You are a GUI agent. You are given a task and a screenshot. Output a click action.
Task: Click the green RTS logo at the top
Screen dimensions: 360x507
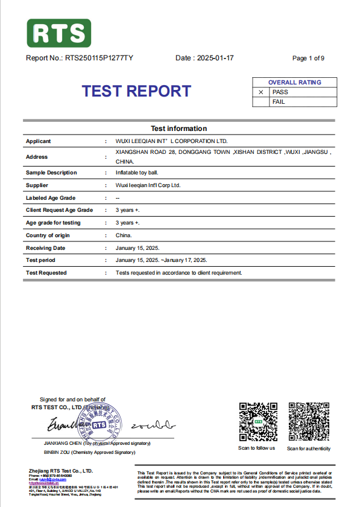coord(59,33)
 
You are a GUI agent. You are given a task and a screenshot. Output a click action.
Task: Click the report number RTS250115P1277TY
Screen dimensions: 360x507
coord(99,59)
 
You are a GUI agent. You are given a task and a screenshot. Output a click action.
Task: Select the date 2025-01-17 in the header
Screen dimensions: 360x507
coord(215,59)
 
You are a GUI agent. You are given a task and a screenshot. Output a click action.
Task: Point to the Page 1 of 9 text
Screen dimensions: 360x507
coord(308,59)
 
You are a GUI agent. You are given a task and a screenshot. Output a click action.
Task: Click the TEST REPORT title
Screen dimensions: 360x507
coord(136,91)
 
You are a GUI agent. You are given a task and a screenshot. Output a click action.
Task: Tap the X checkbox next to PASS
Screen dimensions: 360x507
coord(261,92)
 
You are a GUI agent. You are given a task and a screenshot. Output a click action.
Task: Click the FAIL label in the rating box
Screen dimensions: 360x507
coord(279,102)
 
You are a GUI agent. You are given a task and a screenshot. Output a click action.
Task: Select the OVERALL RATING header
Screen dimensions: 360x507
coord(295,83)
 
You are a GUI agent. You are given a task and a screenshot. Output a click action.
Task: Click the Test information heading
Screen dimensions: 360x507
coord(178,129)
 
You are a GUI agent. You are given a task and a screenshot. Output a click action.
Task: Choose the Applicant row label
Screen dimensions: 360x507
coord(38,141)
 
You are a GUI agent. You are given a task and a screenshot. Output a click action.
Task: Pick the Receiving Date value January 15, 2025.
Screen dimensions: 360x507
coord(137,248)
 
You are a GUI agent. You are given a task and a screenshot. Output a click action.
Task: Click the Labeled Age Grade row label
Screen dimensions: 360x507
coord(51,198)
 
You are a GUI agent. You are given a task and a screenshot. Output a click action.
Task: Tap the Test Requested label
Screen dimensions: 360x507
coord(46,273)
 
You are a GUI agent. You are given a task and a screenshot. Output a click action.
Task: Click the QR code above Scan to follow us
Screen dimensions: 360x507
coord(256,421)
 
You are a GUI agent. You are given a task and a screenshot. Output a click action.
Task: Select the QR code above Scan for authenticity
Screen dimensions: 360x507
coord(308,421)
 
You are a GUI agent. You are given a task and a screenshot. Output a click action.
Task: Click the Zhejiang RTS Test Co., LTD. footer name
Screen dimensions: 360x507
coord(61,470)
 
